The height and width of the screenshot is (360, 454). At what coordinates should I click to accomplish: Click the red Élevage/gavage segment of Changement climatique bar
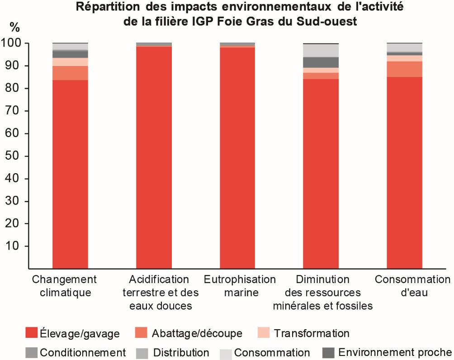pyautogui.click(x=70, y=174)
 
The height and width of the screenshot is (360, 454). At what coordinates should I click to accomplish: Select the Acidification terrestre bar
pyautogui.click(x=154, y=156)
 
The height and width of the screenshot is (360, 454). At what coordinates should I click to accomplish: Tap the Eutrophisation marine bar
pyautogui.click(x=237, y=156)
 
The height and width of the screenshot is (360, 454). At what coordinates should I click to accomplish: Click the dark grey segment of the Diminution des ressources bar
pyautogui.click(x=321, y=62)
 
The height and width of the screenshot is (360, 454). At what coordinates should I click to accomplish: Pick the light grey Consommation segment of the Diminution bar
pyautogui.click(x=321, y=50)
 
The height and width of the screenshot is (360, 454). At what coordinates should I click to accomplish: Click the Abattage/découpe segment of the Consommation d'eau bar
pyautogui.click(x=405, y=69)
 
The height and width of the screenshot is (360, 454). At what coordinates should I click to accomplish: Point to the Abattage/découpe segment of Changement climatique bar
pyautogui.click(x=70, y=73)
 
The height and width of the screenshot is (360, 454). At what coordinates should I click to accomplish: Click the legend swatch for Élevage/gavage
pyautogui.click(x=31, y=333)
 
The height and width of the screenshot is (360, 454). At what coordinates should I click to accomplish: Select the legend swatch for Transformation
pyautogui.click(x=264, y=333)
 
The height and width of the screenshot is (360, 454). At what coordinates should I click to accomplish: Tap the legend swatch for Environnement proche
pyautogui.click(x=328, y=352)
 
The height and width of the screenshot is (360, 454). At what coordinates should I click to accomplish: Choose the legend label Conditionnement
pyautogui.click(x=83, y=352)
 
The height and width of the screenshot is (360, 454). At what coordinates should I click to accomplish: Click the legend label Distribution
pyautogui.click(x=181, y=352)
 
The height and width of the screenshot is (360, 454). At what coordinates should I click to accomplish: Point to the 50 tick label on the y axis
pyautogui.click(x=13, y=156)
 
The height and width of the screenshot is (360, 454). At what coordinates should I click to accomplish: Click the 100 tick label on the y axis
pyautogui.click(x=11, y=43)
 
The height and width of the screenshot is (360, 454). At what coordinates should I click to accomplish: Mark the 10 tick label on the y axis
pyautogui.click(x=13, y=246)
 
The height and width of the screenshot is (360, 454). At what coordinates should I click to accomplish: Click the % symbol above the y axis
pyautogui.click(x=15, y=27)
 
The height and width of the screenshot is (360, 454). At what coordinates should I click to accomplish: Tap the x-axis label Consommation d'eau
pyautogui.click(x=412, y=286)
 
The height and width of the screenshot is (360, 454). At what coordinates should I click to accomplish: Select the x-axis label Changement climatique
pyautogui.click(x=64, y=286)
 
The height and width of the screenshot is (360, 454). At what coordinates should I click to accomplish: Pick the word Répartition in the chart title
pyautogui.click(x=109, y=7)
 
